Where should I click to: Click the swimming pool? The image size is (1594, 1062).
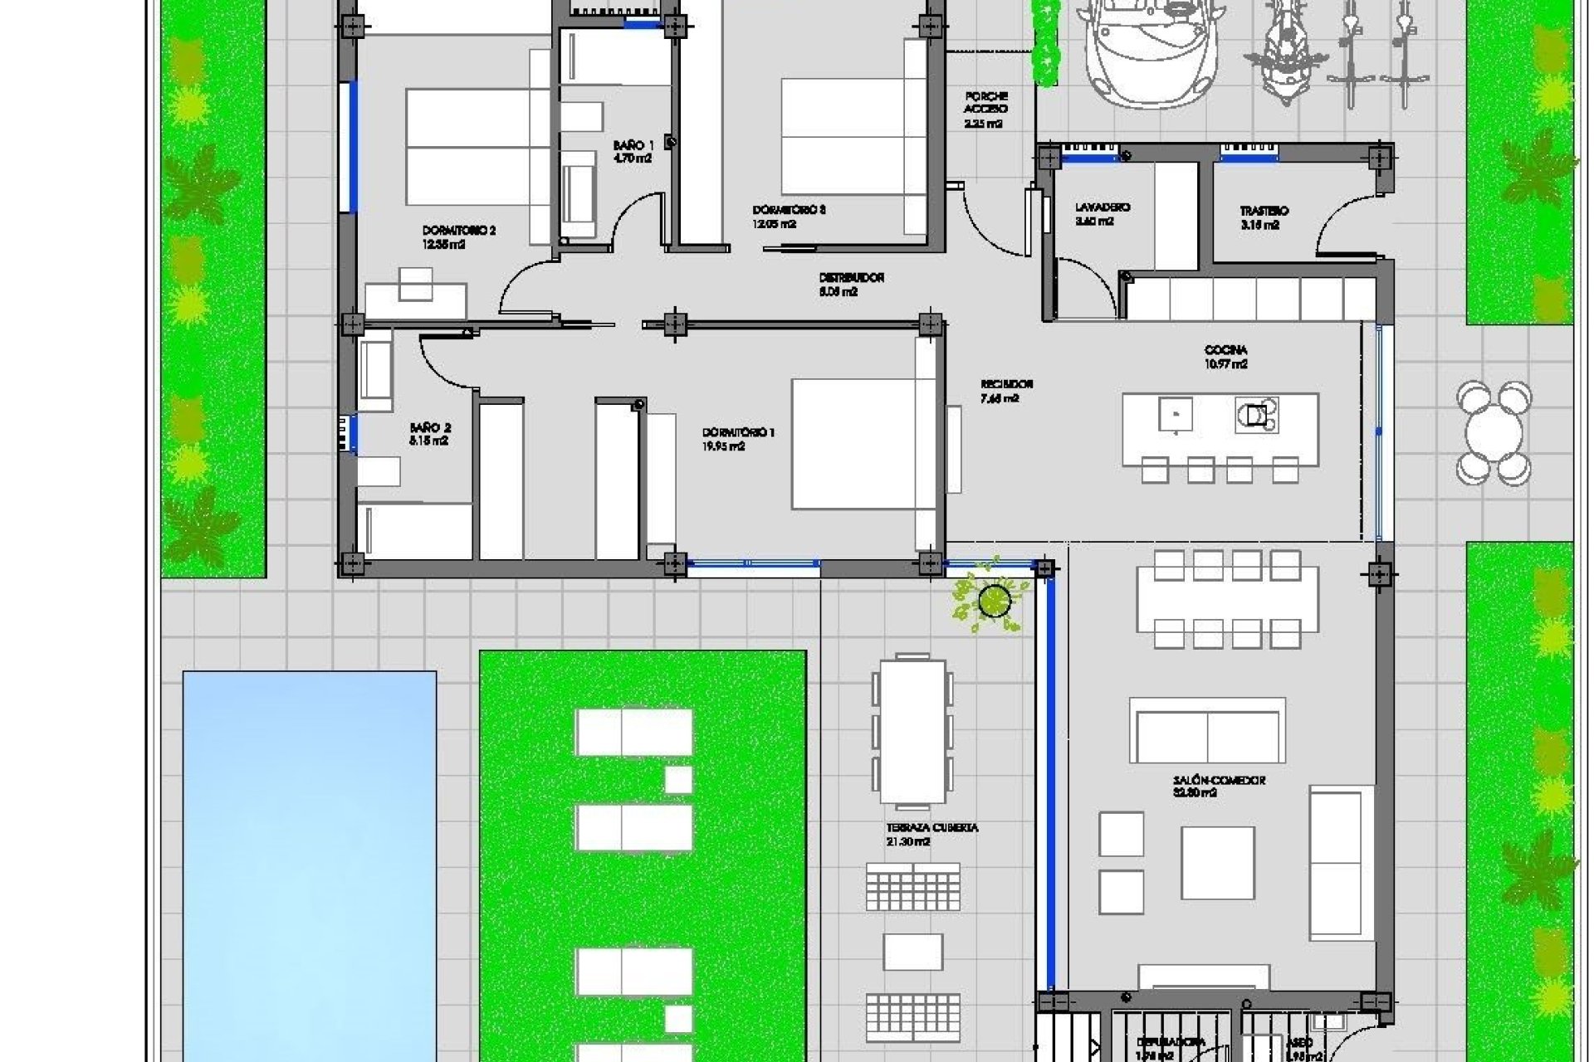(x=309, y=863)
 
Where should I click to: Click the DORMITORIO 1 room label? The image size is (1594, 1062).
(x=738, y=433)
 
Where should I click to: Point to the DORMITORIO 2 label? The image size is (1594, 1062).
(x=458, y=231)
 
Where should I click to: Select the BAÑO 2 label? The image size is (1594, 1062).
(x=430, y=428)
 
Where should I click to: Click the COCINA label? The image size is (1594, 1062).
(x=1225, y=351)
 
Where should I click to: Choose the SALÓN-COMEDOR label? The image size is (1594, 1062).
(x=1219, y=781)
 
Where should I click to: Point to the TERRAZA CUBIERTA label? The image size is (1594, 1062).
(x=931, y=828)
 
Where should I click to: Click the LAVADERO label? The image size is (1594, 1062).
(x=1102, y=207)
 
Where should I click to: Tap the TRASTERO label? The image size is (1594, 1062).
(x=1264, y=212)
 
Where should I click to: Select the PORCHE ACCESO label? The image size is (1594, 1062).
(x=985, y=102)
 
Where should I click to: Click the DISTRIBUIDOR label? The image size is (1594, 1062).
(x=851, y=278)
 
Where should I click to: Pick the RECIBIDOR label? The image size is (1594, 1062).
(x=1006, y=385)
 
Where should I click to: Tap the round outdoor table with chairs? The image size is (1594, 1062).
(x=1494, y=431)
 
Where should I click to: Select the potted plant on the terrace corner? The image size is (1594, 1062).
(x=993, y=600)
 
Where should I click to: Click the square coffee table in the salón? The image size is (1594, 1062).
(x=1217, y=863)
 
